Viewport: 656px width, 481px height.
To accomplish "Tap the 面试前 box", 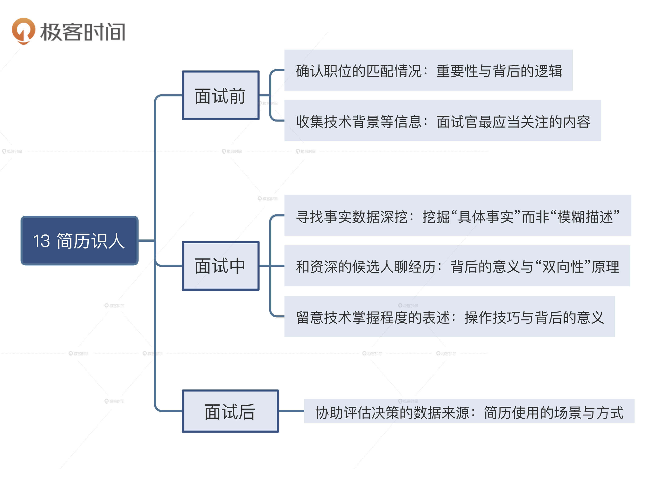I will [x=220, y=95].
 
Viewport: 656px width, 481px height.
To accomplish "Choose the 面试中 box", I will [x=220, y=266].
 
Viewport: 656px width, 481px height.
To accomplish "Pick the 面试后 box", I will [x=230, y=411].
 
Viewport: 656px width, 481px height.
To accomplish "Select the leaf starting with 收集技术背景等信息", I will [x=442, y=121].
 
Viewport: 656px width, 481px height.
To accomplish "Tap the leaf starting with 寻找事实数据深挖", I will [x=457, y=216].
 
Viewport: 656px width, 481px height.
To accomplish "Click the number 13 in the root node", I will [x=42, y=241].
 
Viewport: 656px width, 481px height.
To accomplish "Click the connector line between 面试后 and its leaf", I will [x=291, y=411].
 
